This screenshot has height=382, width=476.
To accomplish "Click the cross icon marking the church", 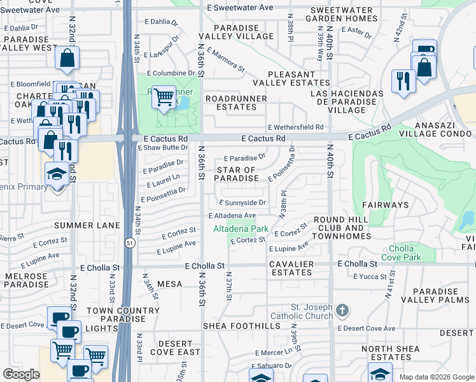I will [x=342, y=311].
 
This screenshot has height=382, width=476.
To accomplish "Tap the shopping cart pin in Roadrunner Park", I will [x=164, y=97].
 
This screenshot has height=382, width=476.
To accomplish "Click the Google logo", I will [x=21, y=374].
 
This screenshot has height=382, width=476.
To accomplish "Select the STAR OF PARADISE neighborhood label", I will [x=236, y=174].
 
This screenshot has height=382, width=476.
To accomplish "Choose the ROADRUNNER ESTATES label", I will [x=230, y=103].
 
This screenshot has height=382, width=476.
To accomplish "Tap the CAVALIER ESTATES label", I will [x=290, y=268].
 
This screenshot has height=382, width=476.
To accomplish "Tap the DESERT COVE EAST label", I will [x=175, y=348].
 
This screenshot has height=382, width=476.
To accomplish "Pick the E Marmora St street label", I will [x=225, y=59].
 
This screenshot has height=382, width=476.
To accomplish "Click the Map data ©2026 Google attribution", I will [x=436, y=377].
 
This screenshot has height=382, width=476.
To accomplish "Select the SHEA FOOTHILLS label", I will [x=241, y=326].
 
